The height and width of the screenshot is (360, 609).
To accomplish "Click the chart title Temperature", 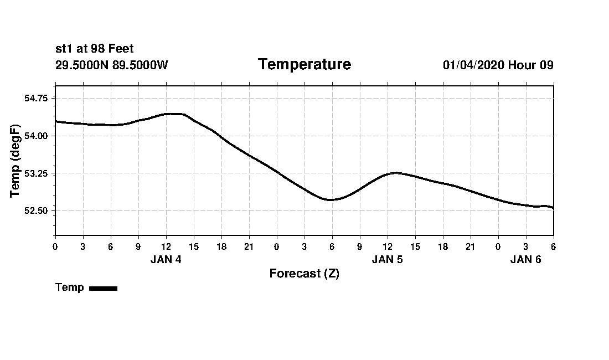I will pyautogui.click(x=304, y=65).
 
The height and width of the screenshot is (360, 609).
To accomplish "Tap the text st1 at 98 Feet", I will pyautogui.click(x=95, y=49).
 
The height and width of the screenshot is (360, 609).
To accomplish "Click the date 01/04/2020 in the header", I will pyautogui.click(x=473, y=65).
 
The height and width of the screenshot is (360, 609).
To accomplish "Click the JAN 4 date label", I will pyautogui.click(x=166, y=259).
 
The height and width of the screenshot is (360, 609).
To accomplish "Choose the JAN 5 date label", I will pyautogui.click(x=387, y=259).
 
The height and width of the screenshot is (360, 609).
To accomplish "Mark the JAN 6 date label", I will pyautogui.click(x=525, y=259).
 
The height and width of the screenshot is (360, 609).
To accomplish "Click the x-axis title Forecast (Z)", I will pyautogui.click(x=304, y=274).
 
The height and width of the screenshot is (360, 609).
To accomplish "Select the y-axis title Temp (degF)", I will pyautogui.click(x=16, y=161).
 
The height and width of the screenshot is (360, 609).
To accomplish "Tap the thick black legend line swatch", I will pyautogui.click(x=103, y=288).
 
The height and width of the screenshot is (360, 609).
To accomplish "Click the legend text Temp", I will pyautogui.click(x=70, y=287).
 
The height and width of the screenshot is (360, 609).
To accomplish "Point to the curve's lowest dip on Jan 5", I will pyautogui.click(x=331, y=199).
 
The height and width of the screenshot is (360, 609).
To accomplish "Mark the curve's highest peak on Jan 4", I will pyautogui.click(x=173, y=114).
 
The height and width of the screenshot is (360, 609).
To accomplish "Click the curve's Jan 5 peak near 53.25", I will pyautogui.click(x=395, y=173).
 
